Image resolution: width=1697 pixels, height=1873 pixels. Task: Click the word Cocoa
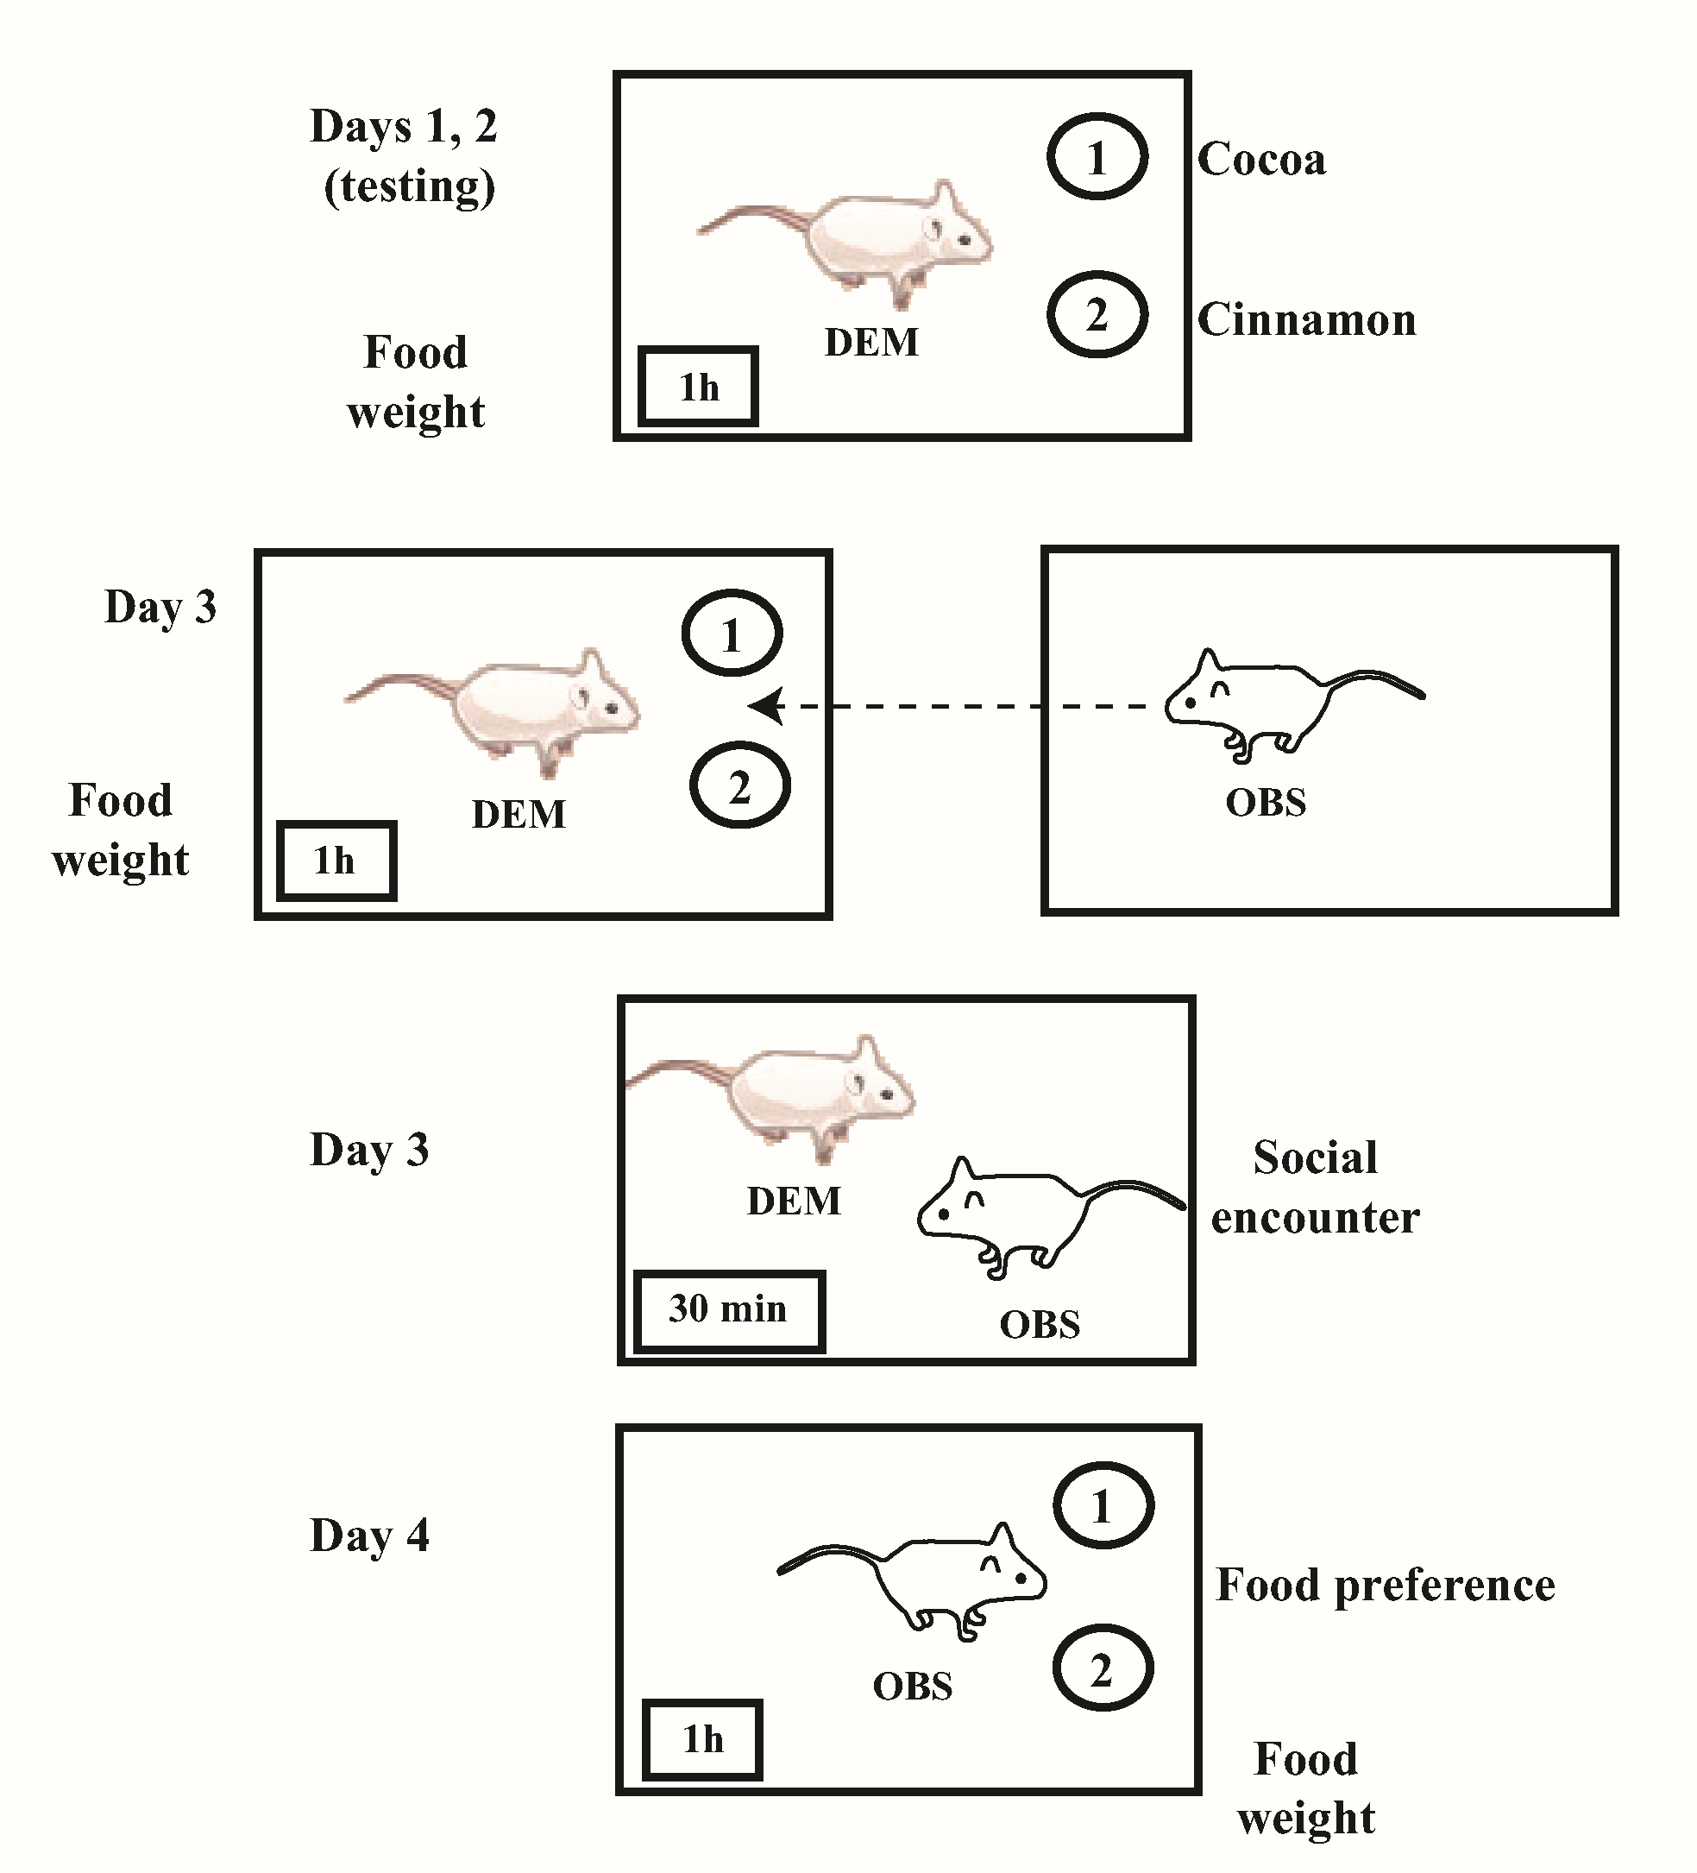point(1260,160)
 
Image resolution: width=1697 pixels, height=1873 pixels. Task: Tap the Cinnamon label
point(1306,320)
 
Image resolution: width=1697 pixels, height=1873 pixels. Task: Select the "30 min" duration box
point(729,1310)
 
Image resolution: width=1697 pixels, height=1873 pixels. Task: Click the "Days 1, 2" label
point(403,126)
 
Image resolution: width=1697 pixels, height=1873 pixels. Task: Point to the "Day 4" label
point(368,1536)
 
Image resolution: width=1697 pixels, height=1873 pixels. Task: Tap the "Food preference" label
point(1385,1585)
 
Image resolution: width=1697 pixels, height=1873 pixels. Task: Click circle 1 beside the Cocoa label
point(1097,157)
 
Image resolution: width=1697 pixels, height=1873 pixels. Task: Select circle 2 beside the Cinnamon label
point(1097,315)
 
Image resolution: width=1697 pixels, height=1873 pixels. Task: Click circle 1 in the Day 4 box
point(1103,1506)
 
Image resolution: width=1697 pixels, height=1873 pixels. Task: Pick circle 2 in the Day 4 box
point(1103,1668)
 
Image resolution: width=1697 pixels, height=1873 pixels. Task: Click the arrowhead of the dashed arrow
point(766,706)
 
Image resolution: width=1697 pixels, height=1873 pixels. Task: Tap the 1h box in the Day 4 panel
point(702,1739)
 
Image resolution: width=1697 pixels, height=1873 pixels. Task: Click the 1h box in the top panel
point(699,387)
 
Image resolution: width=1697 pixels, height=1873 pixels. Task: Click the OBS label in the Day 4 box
point(912,1687)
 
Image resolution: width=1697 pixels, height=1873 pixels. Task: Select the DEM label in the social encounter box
point(793,1201)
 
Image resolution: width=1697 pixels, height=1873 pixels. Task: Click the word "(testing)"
point(409,186)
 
